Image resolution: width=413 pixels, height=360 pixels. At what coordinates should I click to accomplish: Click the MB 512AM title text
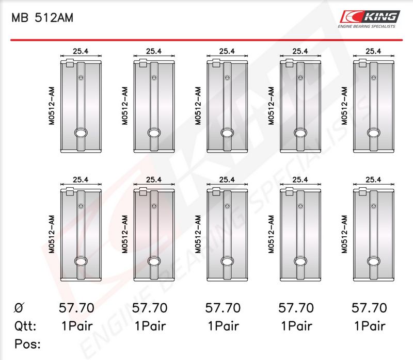click(42, 18)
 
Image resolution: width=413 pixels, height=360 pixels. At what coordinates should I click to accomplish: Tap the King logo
click(370, 17)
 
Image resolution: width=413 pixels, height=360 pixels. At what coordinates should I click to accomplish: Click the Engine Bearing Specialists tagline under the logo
click(367, 26)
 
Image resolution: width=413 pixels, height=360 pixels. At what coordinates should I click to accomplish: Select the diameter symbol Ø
click(19, 307)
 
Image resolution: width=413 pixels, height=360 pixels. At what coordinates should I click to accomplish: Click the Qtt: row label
click(25, 326)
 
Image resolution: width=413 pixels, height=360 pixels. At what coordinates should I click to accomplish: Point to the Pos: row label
click(27, 344)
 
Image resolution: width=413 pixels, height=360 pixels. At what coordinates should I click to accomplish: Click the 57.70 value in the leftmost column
click(76, 308)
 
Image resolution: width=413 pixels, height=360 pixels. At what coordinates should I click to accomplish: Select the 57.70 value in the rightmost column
click(369, 308)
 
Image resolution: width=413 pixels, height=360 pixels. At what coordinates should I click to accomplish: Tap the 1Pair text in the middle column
click(224, 326)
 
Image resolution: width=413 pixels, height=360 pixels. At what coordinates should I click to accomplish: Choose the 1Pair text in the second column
click(150, 326)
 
